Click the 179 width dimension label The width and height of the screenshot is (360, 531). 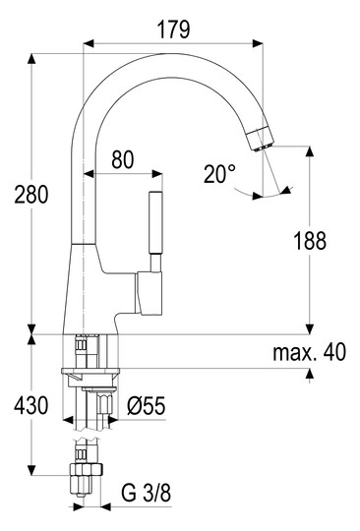coord(174,29)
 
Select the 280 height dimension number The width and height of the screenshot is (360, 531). coord(31,195)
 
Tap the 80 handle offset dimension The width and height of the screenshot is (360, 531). coord(123,159)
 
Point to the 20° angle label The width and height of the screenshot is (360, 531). coord(219,174)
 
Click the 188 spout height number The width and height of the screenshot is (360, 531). coord(310,241)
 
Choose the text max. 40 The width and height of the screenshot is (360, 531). coord(310,352)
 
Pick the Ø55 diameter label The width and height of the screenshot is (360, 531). coord(147,405)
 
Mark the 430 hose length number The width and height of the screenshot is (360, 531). coord(31,405)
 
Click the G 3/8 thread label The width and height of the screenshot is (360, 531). coord(146,493)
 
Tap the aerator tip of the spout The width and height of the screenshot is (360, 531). coord(261,139)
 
